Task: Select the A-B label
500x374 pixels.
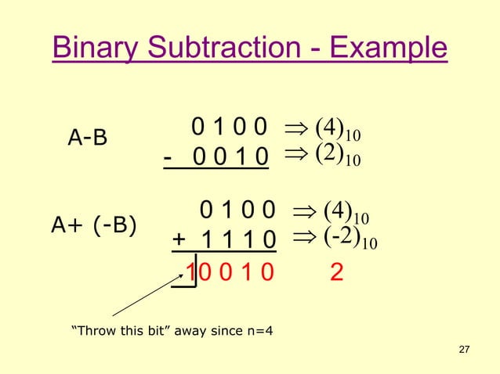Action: tap(88, 138)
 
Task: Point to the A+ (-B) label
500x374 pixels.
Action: tap(93, 226)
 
